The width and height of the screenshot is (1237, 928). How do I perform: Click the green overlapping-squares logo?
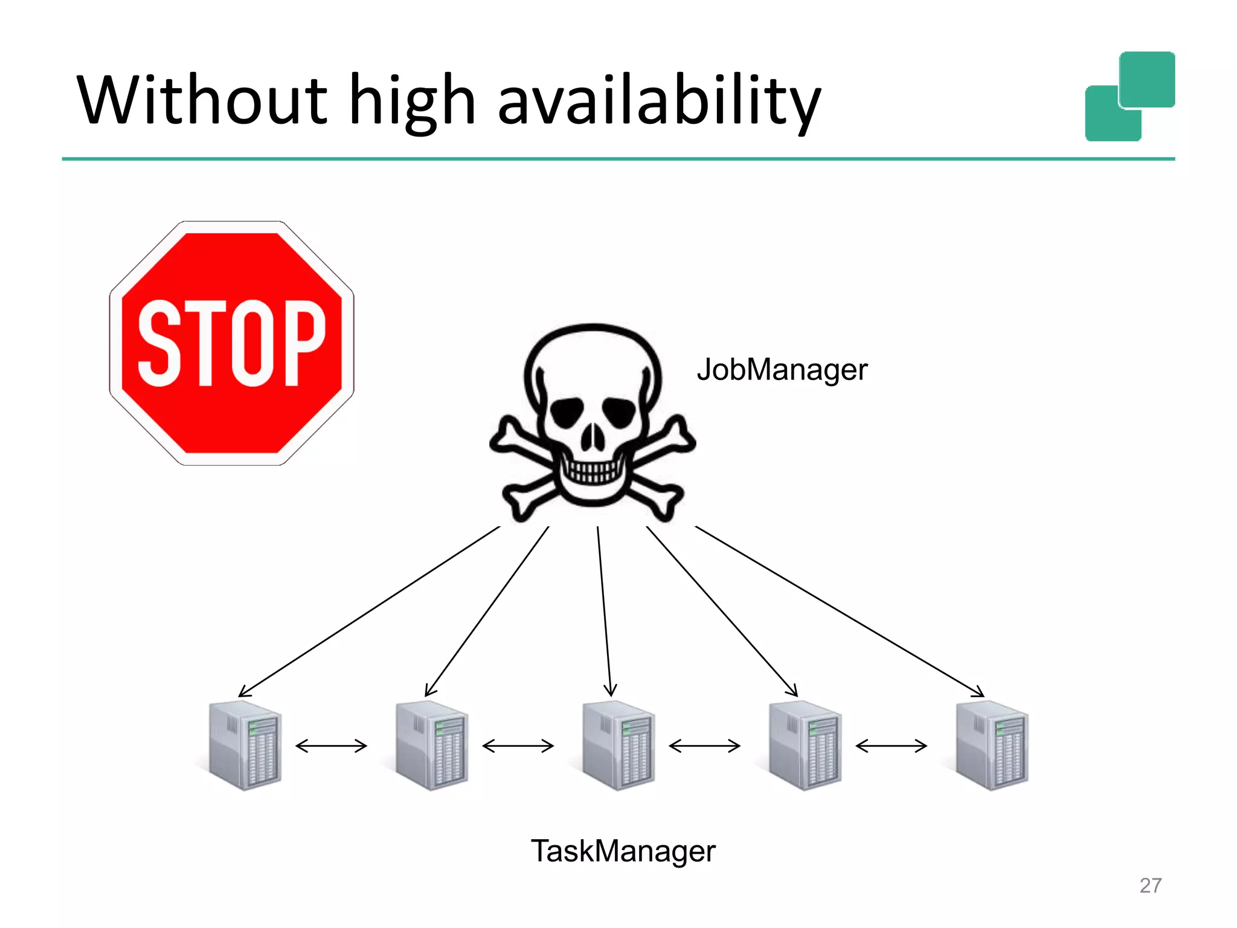click(x=1129, y=97)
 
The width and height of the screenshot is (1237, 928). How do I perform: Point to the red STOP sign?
click(x=232, y=343)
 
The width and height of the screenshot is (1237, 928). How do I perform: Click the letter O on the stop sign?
click(x=252, y=343)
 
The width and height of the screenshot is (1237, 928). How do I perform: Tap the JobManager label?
click(x=782, y=370)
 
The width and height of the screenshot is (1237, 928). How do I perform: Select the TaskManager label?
click(x=623, y=851)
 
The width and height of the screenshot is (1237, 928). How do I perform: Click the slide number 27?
click(x=1150, y=885)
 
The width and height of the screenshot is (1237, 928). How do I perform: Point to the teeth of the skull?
click(x=592, y=470)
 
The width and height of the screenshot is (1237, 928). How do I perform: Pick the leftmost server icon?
click(x=245, y=746)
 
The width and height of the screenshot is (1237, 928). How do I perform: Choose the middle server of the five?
click(x=618, y=746)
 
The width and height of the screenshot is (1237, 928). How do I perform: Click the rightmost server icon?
click(x=991, y=746)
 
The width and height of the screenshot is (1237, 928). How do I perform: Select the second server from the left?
click(x=431, y=746)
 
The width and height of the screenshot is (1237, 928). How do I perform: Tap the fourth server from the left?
click(x=805, y=746)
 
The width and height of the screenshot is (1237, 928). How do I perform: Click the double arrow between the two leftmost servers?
click(x=331, y=746)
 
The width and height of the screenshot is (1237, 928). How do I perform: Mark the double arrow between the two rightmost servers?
click(x=891, y=746)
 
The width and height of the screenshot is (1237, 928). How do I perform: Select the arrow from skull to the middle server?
click(x=605, y=610)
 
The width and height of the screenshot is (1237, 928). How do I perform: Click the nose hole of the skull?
click(x=593, y=436)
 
